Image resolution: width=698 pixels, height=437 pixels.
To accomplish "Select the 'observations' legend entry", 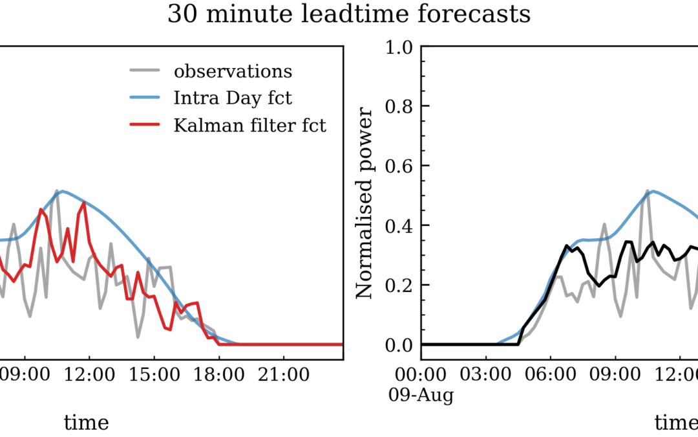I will pyautogui.click(x=233, y=71).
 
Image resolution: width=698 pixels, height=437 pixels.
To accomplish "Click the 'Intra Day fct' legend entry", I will pyautogui.click(x=233, y=98).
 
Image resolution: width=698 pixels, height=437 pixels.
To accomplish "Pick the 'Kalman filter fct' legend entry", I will pyautogui.click(x=249, y=126).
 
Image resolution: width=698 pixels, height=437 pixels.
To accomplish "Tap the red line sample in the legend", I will pyautogui.click(x=144, y=126).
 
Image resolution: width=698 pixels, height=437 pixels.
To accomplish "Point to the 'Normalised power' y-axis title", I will pyautogui.click(x=366, y=203).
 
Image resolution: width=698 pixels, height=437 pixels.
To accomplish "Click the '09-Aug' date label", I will pyautogui.click(x=421, y=395).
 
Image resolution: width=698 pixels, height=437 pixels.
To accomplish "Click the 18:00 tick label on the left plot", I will pyautogui.click(x=218, y=375).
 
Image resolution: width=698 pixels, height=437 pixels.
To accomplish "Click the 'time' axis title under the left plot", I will pyautogui.click(x=86, y=423).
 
